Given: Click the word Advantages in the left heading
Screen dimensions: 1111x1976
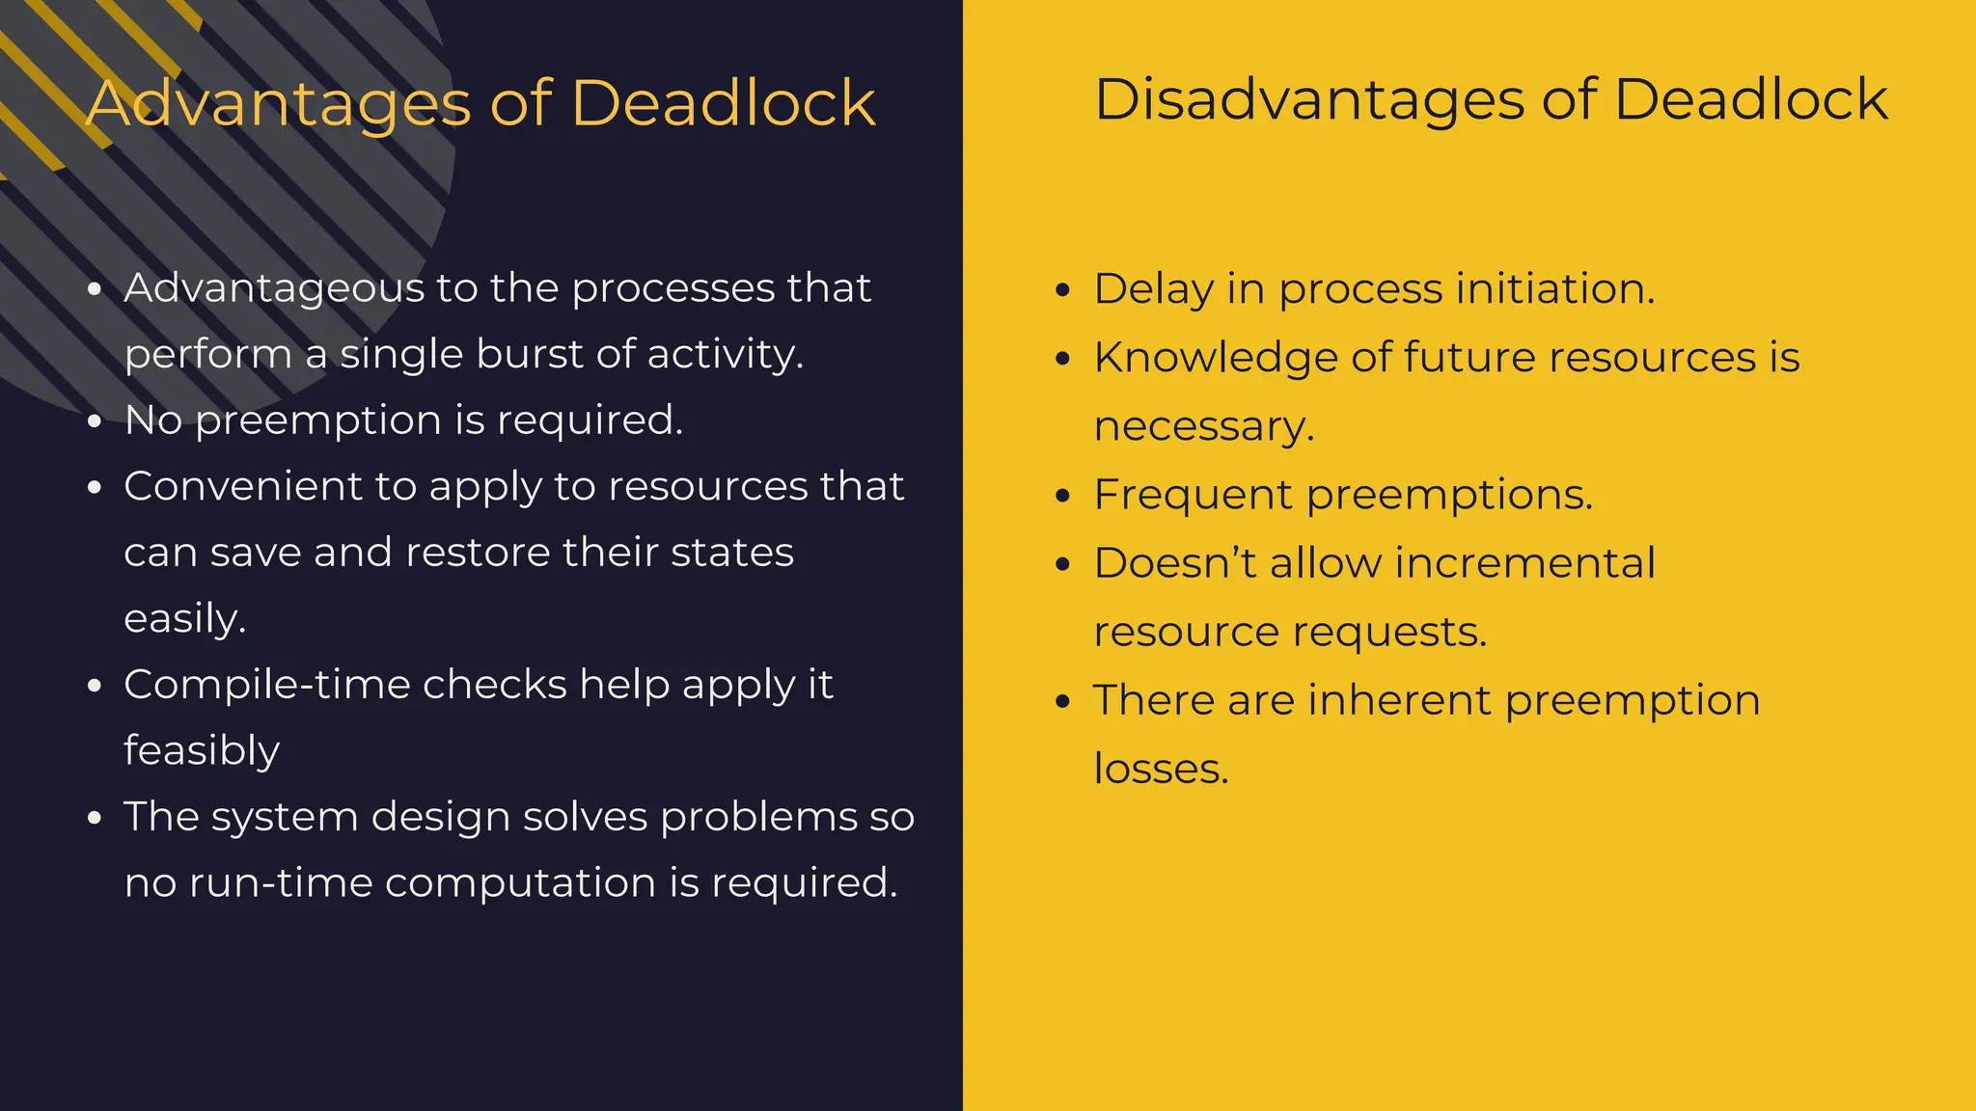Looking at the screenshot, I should pos(278,103).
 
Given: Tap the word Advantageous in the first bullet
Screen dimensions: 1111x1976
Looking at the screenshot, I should pos(274,288).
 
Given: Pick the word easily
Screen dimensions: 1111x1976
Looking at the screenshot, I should pos(185,618).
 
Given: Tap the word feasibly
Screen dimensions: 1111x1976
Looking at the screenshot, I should pos(202,750).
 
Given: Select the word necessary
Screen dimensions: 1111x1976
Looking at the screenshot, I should pos(1204,426).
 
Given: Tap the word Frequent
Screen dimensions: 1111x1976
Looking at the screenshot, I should pos(1193,495).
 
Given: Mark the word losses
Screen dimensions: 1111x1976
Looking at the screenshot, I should pos(1161,769).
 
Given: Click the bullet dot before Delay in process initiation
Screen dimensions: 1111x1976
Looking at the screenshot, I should pos(1063,290).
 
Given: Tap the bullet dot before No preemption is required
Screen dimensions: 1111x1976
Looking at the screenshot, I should pos(94,421).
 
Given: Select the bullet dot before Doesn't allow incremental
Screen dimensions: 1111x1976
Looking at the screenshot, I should pos(1063,564).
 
